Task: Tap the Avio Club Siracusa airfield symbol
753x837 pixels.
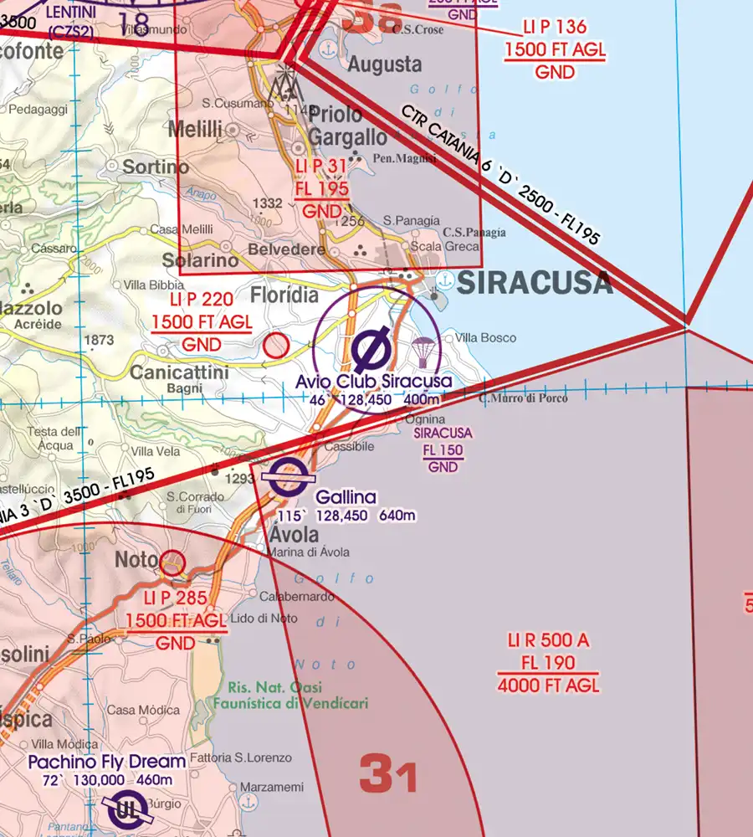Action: tap(369, 350)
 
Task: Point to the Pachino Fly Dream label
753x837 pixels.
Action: tap(106, 762)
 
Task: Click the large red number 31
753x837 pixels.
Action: tap(388, 775)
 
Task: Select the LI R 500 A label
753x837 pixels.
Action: tap(548, 641)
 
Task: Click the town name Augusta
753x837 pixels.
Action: tap(385, 64)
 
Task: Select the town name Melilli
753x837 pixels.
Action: tap(195, 129)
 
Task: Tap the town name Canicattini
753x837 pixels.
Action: tap(179, 372)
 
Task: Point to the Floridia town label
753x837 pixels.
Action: tap(284, 295)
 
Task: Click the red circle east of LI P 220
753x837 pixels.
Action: tap(276, 345)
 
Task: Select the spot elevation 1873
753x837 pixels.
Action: tap(99, 340)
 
